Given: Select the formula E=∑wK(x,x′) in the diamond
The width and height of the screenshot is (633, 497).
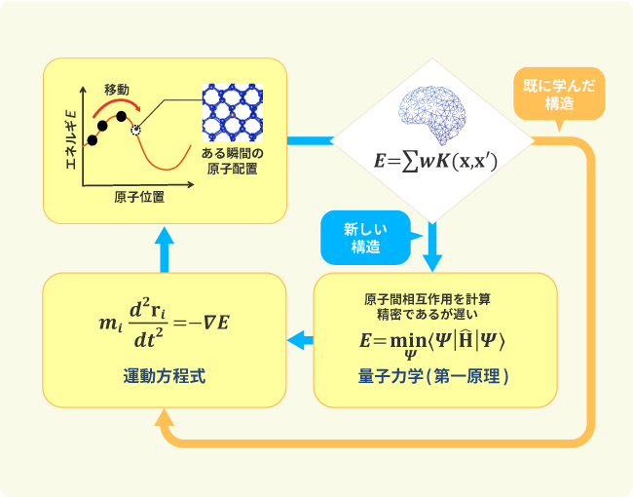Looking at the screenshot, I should coord(435,163).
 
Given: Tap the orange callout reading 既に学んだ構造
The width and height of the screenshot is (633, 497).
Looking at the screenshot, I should coord(559,93).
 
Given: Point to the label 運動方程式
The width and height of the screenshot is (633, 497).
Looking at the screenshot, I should coord(165,375).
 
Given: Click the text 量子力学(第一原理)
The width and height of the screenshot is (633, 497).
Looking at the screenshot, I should coord(435,375).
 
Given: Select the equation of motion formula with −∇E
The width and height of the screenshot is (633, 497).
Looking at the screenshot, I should coord(165,322).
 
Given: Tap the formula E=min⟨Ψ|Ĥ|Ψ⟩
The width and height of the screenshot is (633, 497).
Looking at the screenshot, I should coord(435,343).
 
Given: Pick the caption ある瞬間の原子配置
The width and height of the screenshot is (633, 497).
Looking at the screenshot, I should coord(233,162).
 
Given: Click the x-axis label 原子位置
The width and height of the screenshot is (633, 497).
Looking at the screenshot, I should coord(138,197).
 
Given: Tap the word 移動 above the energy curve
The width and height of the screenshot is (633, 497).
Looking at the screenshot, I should coord(117,89).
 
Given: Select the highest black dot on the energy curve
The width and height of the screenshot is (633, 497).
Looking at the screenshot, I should coord(122,116).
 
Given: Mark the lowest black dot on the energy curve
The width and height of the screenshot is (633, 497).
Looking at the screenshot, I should coord(93,140).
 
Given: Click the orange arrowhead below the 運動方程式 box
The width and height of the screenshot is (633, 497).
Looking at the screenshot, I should coord(165,420).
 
